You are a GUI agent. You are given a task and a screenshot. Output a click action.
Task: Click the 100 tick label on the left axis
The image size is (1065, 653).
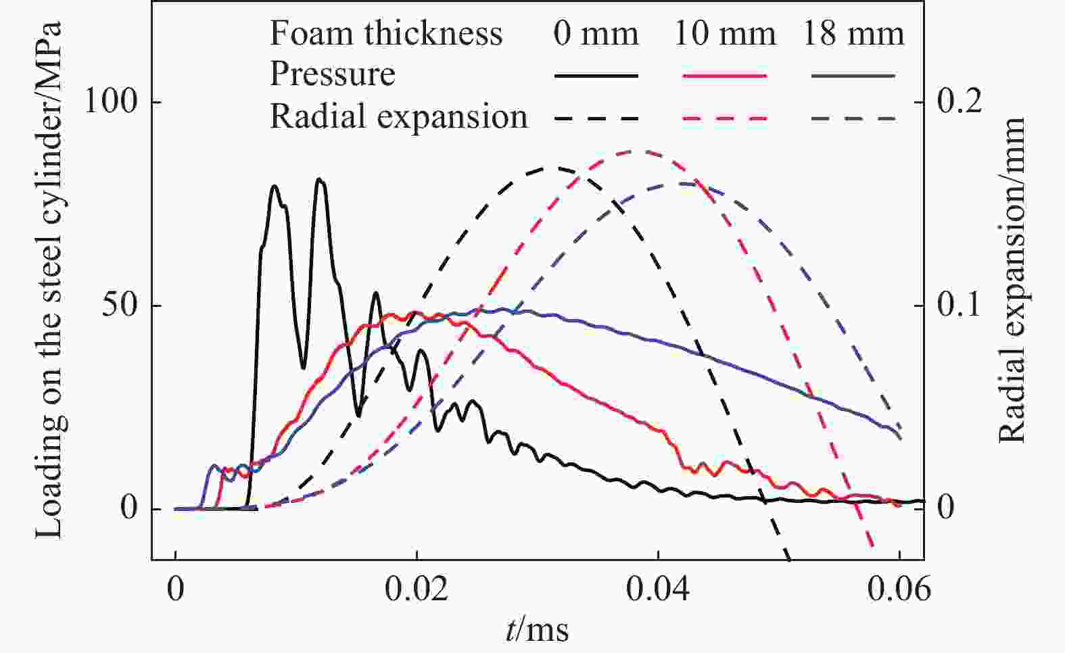coord(110,102)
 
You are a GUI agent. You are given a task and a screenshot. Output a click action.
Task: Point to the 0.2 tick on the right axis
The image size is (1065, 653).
coord(959,102)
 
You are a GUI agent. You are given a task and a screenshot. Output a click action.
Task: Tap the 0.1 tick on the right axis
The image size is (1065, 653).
coord(959,306)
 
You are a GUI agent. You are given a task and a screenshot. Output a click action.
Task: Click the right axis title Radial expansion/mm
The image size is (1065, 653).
coord(1012,280)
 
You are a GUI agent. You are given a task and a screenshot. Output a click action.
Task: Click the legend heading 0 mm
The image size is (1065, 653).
coord(596,33)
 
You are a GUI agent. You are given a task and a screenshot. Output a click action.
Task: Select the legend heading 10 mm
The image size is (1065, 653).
coord(724,33)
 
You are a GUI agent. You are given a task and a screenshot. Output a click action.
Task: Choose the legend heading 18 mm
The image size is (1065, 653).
coord(853,33)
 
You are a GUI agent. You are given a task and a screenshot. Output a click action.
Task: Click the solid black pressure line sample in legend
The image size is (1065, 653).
coord(596,76)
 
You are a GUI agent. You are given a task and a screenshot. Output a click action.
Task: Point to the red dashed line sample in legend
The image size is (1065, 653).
coord(724,119)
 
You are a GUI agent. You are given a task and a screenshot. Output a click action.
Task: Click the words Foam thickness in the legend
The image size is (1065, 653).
coord(386,33)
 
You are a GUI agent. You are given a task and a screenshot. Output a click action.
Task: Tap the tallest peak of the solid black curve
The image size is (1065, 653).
coord(320,180)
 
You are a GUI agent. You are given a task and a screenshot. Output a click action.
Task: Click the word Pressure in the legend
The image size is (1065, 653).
coord(332,74)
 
